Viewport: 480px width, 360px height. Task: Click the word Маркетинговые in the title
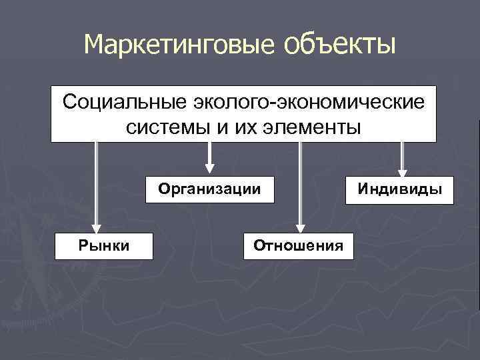click(x=179, y=45)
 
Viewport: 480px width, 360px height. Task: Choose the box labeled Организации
click(x=209, y=189)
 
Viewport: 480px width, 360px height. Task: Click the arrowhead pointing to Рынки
click(x=97, y=227)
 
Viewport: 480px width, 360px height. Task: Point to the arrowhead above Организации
click(x=209, y=166)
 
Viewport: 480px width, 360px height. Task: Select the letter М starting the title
click(x=93, y=45)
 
